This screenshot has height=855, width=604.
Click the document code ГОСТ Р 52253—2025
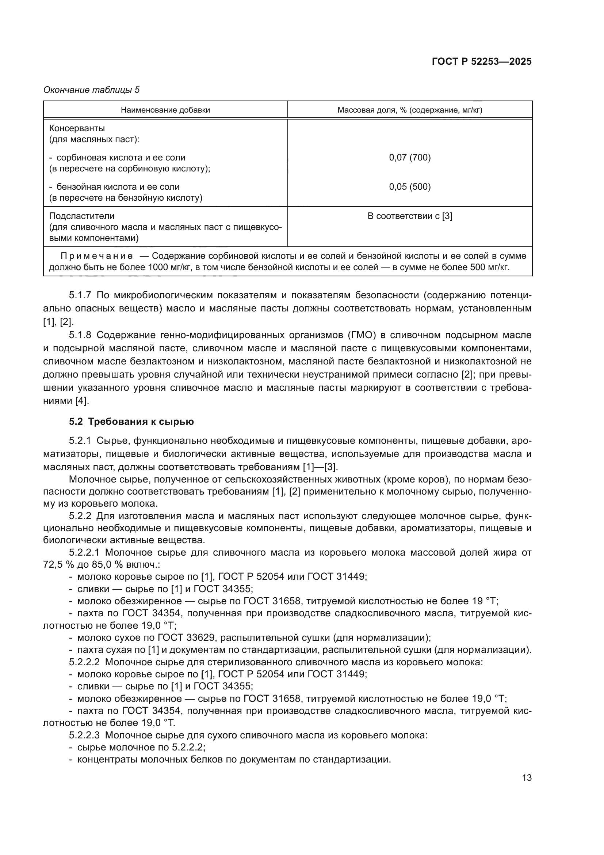(481, 61)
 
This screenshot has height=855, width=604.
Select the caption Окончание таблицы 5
(92, 90)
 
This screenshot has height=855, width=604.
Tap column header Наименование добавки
(165, 110)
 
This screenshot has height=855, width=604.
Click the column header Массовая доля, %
(409, 110)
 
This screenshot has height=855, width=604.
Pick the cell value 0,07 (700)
(409, 158)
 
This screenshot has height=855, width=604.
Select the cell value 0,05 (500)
(409, 186)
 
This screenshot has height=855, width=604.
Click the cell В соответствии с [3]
(409, 216)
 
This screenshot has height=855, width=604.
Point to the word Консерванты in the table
(77, 128)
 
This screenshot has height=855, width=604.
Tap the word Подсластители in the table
(82, 216)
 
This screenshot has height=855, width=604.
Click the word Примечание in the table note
(97, 256)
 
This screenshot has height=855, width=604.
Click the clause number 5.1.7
(80, 295)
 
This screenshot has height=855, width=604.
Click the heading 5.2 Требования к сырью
(131, 421)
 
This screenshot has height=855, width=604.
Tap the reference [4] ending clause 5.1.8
(81, 401)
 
